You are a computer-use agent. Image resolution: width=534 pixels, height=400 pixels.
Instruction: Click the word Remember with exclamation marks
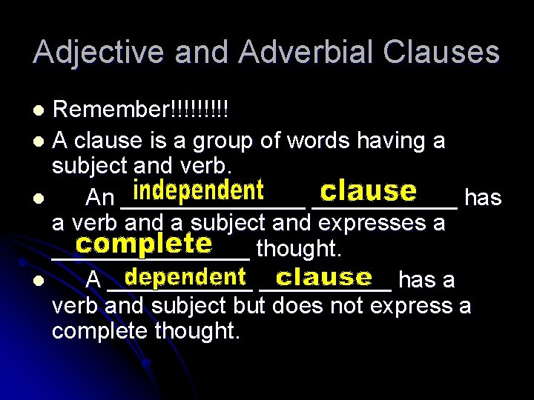tap(140, 112)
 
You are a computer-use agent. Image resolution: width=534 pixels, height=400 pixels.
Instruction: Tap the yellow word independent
tap(198, 192)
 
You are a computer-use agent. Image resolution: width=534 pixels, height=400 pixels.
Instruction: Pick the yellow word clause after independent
tap(367, 192)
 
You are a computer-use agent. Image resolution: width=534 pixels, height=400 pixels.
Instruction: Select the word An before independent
tap(100, 198)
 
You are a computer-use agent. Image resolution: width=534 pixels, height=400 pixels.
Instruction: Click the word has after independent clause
tap(482, 197)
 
